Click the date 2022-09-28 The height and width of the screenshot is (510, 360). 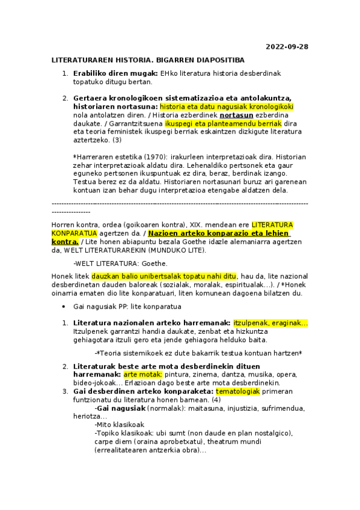click(287, 47)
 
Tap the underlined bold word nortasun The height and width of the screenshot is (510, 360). click(236, 114)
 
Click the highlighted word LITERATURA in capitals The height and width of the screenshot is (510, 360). click(272, 224)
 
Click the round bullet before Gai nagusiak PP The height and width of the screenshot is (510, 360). click(64, 306)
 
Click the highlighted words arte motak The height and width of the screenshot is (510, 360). click(138, 374)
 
